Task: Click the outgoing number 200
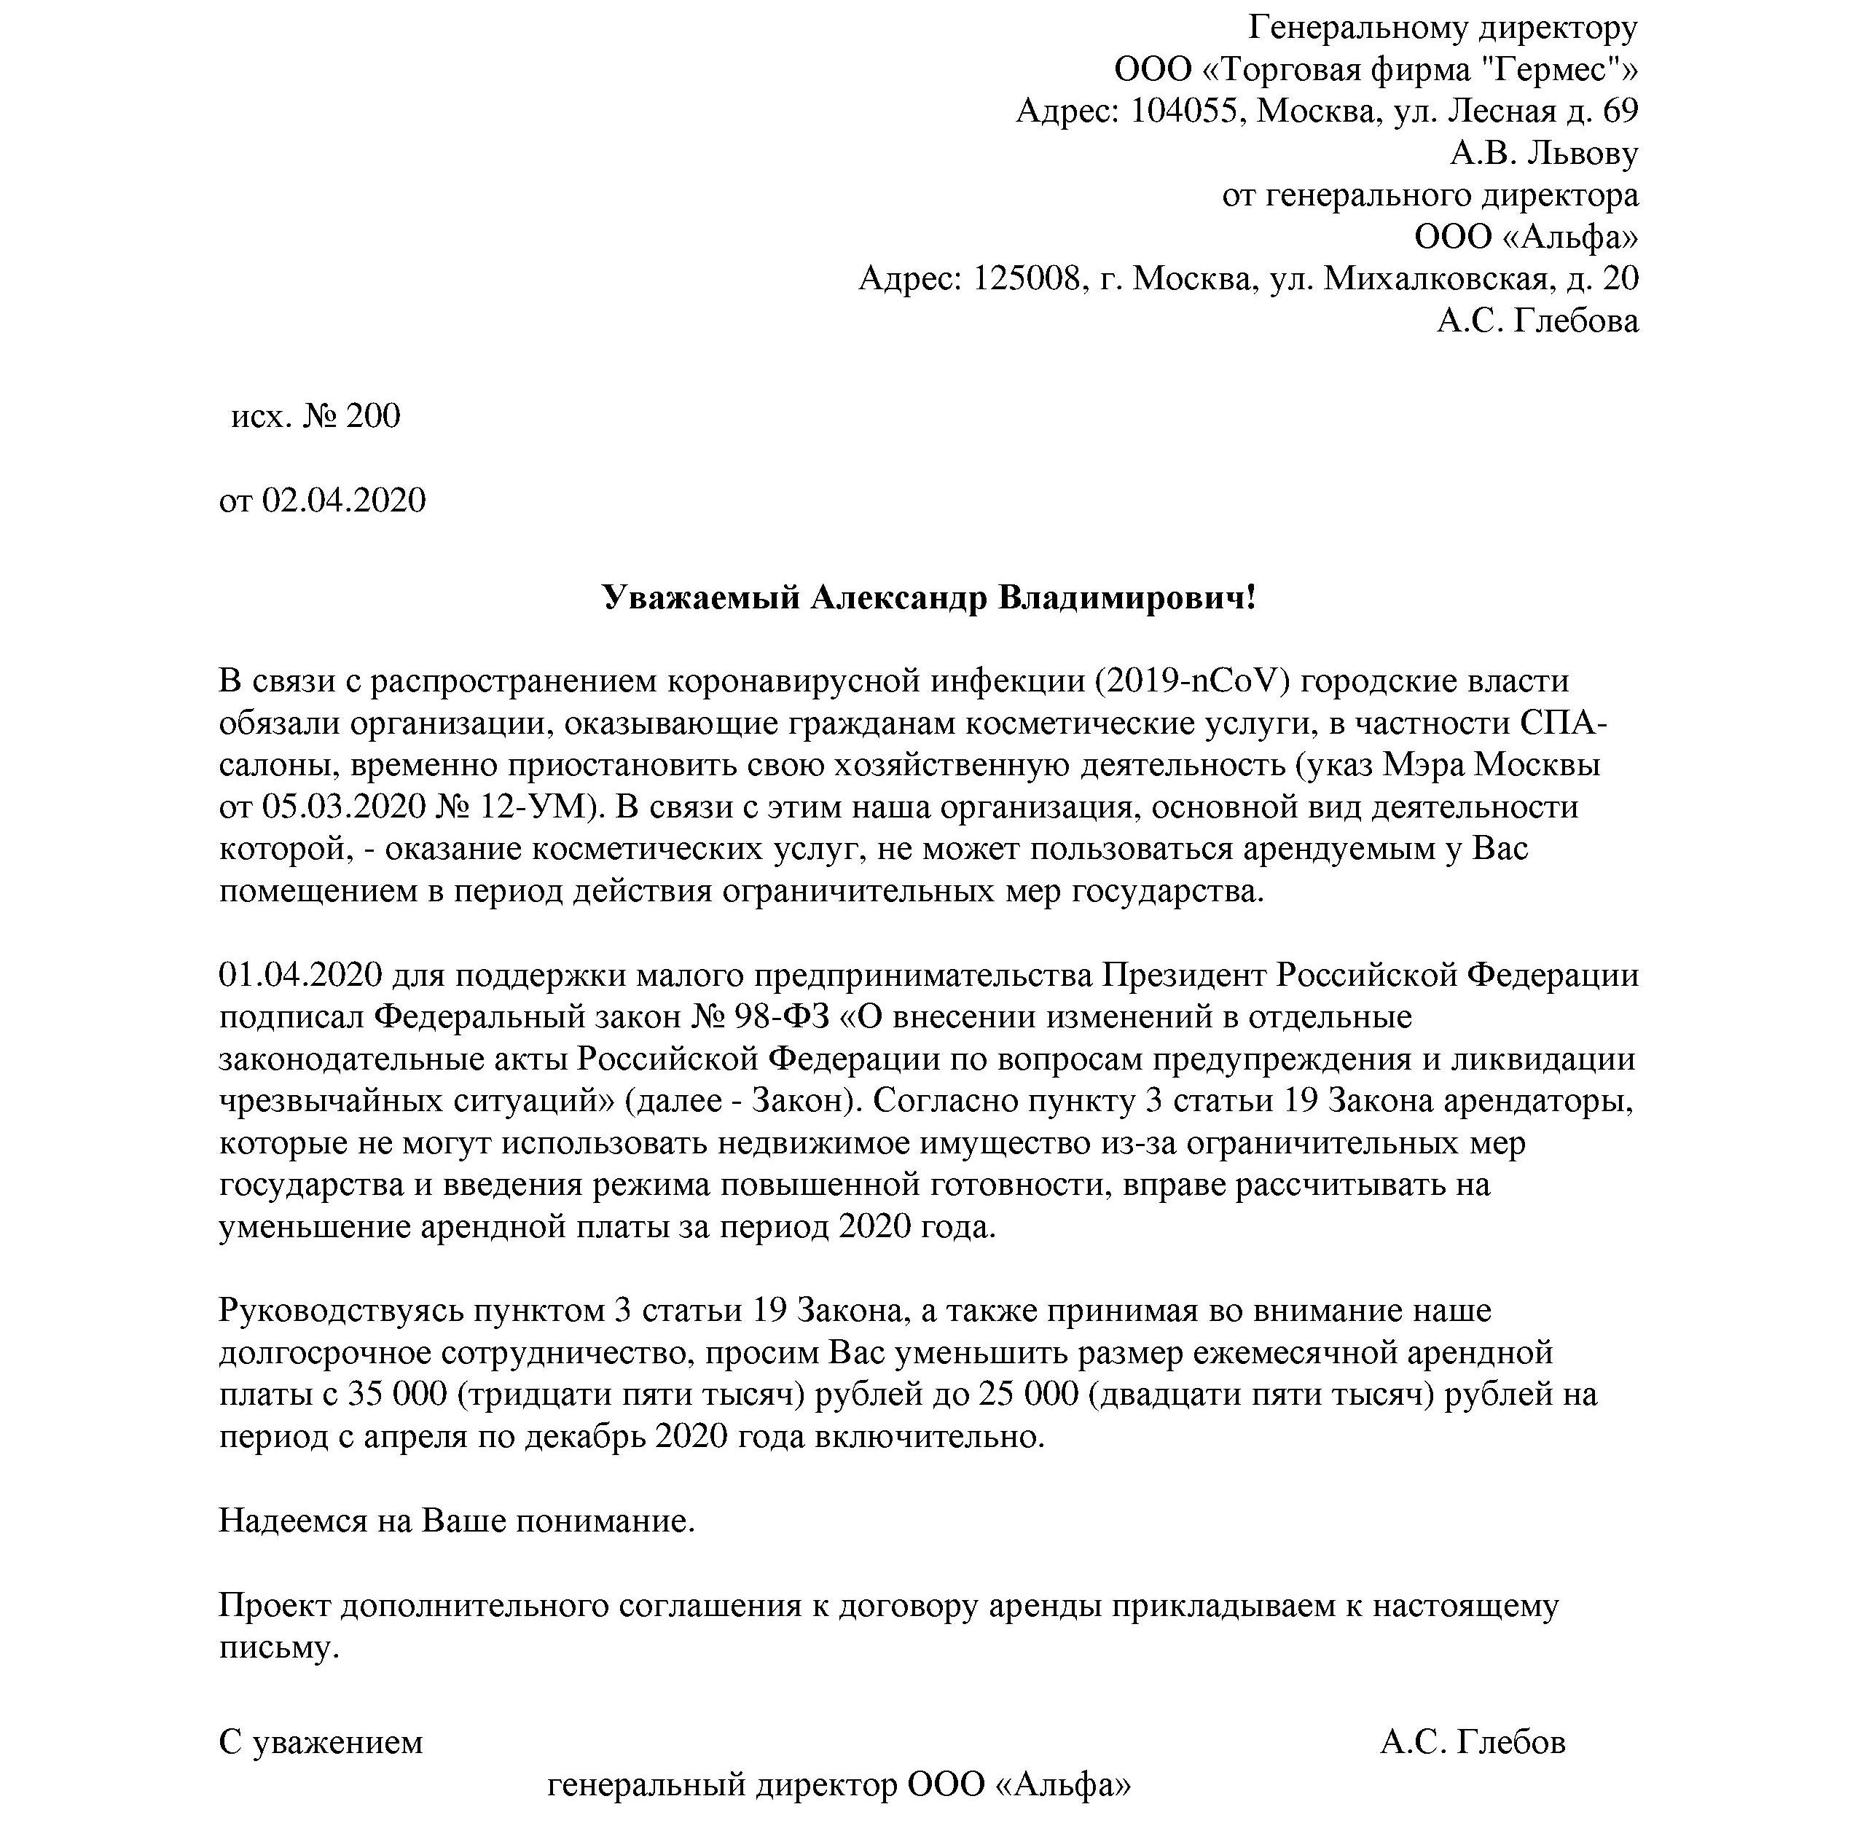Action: point(372,416)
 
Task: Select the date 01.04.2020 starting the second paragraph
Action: point(301,975)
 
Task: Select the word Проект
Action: point(275,1605)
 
